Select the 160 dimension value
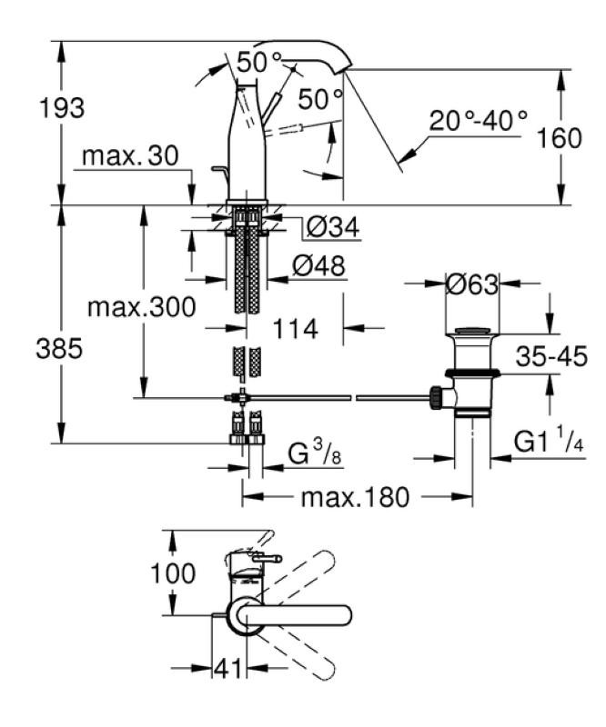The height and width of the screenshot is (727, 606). click(x=558, y=138)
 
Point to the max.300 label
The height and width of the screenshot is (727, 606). click(x=141, y=307)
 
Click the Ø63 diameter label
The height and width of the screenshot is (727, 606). click(x=472, y=284)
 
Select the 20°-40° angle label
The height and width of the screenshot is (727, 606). click(x=480, y=119)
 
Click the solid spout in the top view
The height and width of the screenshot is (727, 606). click(x=300, y=615)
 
